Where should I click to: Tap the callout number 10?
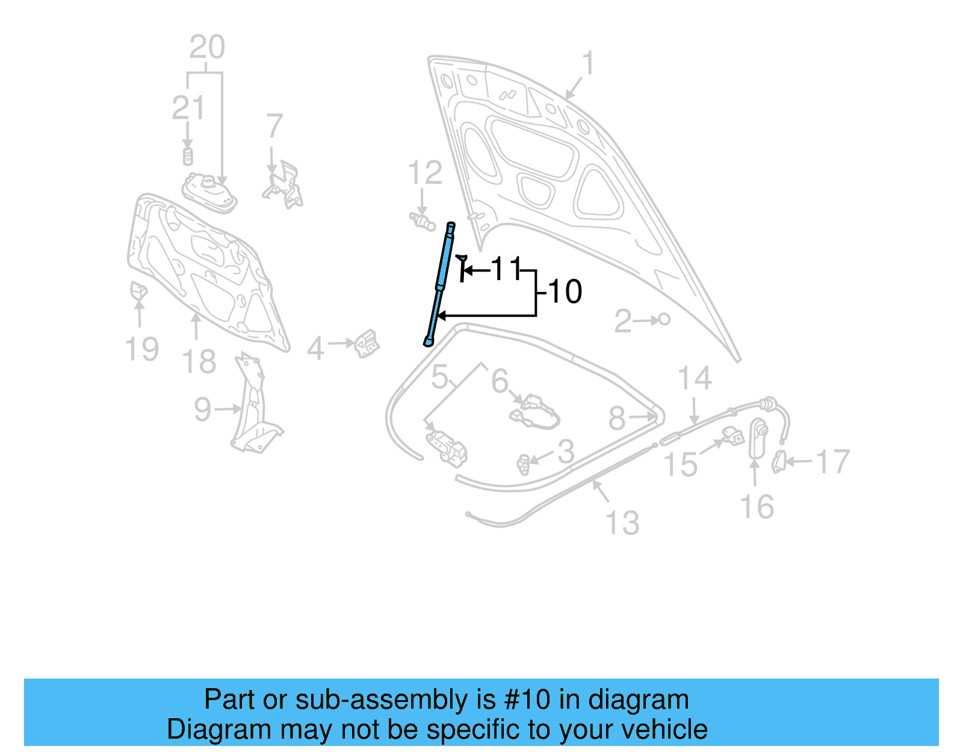coord(565,292)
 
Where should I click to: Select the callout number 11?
coord(507,269)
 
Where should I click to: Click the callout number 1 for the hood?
coord(588,63)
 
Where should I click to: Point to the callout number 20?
coord(207,47)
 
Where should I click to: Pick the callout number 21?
coord(188,108)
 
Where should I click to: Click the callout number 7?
coord(274,126)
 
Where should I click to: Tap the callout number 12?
coord(425,173)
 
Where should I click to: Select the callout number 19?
coord(142,349)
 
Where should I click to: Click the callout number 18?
coord(199,362)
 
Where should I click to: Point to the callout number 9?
coord(203,409)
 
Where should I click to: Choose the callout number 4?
coord(316,349)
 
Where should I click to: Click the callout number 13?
coord(622,523)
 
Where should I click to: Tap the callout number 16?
coord(757,507)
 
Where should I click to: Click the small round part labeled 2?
coord(664,319)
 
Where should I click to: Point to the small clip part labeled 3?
coord(524,464)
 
